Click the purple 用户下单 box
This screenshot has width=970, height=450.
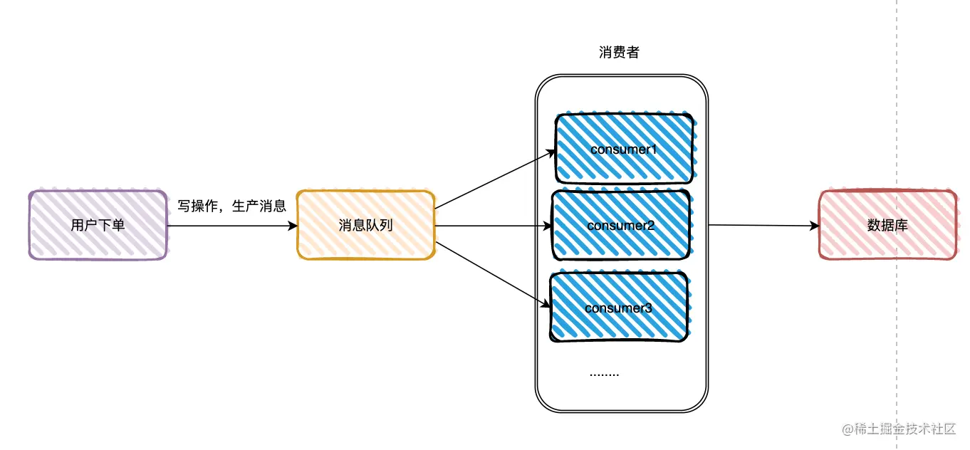coord(98,224)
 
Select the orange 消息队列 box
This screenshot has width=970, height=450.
coord(365,225)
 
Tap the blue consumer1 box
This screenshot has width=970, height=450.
coord(625,148)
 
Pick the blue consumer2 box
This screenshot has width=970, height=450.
coord(621,225)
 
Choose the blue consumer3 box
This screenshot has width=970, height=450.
coord(619,307)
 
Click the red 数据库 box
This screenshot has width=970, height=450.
coord(887,225)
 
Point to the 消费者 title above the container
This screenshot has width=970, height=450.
coord(619,53)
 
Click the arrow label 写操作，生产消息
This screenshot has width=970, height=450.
coord(231,206)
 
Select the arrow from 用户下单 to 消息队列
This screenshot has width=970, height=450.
coord(231,226)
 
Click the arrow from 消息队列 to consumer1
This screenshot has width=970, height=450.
coord(495,179)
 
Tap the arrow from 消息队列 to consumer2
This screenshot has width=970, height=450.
coord(493,226)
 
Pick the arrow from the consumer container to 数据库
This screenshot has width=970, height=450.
coord(762,226)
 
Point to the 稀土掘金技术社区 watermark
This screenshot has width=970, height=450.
coord(899,429)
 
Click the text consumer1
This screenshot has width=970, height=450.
coord(623,150)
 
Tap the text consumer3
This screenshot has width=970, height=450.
coord(617,308)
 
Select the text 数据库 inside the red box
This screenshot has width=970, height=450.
coord(887,225)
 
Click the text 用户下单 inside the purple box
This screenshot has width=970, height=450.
coord(98,225)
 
